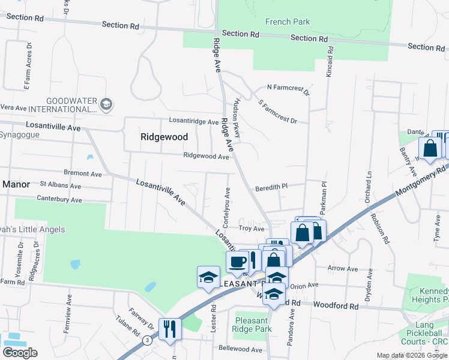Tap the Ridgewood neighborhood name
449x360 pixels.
[164, 137]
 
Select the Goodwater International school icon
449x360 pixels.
[106, 104]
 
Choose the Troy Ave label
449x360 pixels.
[252, 229]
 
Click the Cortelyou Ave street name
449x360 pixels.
[228, 202]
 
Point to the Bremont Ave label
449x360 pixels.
[87, 173]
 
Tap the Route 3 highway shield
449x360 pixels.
[147, 340]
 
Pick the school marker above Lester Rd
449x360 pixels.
[208, 277]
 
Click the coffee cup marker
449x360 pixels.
[237, 262]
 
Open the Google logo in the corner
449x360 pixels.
[20, 353]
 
